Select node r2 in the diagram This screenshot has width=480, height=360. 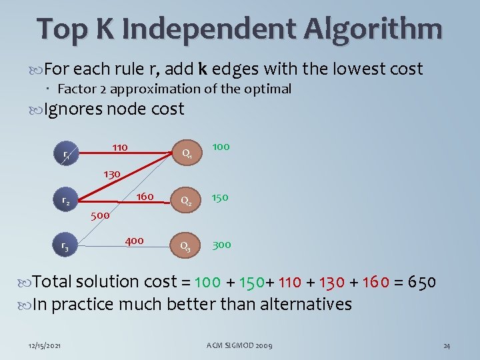(x=66, y=201)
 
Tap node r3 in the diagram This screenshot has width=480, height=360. (x=65, y=246)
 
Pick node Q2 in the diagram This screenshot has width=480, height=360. (x=188, y=200)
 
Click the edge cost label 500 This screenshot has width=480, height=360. (x=100, y=215)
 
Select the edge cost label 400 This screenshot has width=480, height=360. (x=134, y=240)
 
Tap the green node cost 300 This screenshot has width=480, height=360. (x=222, y=245)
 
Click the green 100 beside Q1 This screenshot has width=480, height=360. (x=221, y=145)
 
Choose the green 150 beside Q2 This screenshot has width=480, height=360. (x=221, y=197)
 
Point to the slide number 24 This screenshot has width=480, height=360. (x=447, y=345)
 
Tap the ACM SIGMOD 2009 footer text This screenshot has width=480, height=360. (x=239, y=345)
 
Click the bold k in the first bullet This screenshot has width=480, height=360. (x=202, y=69)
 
